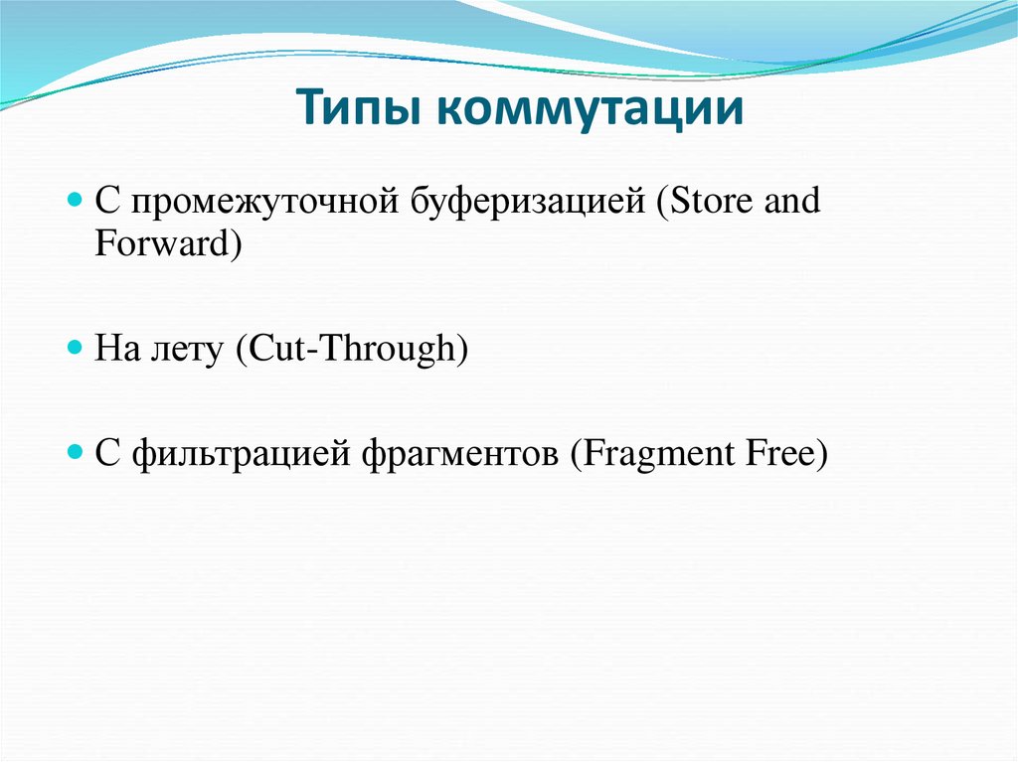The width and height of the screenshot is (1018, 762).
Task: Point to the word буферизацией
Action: tap(528, 202)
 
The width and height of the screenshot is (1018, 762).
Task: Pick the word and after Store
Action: tap(792, 200)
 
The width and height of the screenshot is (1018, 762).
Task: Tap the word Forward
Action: tap(162, 243)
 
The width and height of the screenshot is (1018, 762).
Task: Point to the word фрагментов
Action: tap(459, 454)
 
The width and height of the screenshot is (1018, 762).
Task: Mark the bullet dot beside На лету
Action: tap(76, 348)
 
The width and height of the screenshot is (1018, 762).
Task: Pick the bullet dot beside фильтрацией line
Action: tap(76, 452)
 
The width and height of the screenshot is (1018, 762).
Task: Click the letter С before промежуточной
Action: tap(107, 201)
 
